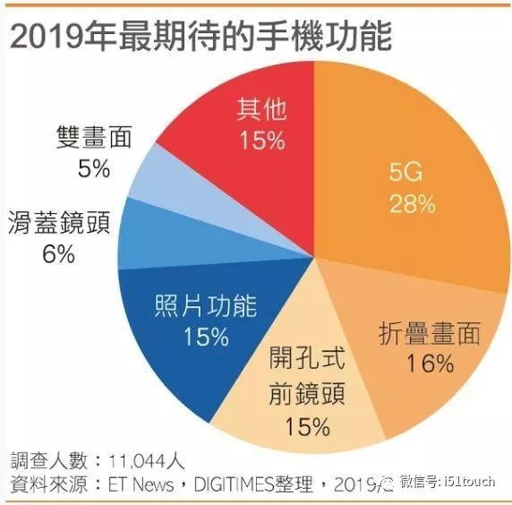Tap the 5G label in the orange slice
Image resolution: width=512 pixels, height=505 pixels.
[x=412, y=173]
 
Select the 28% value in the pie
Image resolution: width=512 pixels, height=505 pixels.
[x=412, y=204]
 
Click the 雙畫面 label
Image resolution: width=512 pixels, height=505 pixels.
[x=93, y=137]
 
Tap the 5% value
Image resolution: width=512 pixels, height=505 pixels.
[x=93, y=167]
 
